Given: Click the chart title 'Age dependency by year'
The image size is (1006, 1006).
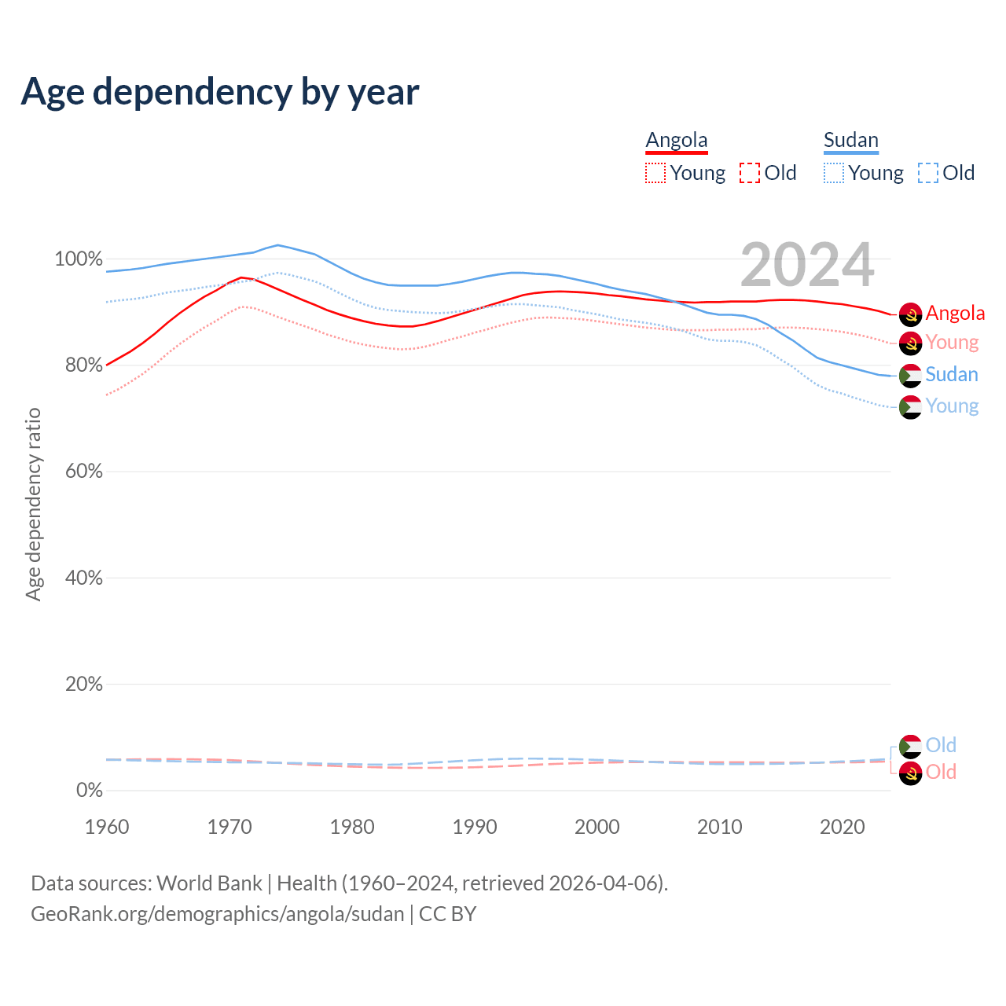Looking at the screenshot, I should point(220,92).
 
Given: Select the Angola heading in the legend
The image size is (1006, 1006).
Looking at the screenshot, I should point(677,140).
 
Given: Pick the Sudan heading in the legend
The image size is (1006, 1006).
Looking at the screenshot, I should point(850,140).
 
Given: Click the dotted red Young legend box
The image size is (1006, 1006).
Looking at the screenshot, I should point(655,173).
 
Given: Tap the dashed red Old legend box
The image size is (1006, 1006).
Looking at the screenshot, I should point(750,173).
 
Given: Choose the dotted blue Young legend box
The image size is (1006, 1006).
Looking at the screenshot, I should point(834,173).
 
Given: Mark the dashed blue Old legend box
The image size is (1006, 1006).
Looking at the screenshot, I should point(928,173).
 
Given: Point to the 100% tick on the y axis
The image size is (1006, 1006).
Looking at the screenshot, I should point(79,259).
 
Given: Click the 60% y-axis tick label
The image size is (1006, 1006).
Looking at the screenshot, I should point(83,472).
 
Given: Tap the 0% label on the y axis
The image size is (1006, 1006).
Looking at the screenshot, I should point(89,791).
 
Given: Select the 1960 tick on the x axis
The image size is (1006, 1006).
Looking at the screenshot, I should point(107,827).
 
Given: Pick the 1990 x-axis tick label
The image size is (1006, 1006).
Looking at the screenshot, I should point(475,827).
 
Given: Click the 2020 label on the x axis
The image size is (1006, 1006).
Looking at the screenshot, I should point(843,827).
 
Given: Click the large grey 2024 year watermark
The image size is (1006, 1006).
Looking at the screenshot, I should point(807,265).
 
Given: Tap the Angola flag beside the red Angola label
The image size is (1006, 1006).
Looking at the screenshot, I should point(910,314).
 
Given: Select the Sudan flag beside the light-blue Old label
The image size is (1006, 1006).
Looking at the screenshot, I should point(910,746).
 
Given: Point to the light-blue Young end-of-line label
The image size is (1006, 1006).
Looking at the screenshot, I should point(952,406).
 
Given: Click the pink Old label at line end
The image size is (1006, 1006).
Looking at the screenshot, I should point(941,772).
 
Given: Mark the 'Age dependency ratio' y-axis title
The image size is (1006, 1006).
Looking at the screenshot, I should point(33,504).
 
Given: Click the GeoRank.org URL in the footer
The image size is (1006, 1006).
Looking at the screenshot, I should point(218,914).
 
